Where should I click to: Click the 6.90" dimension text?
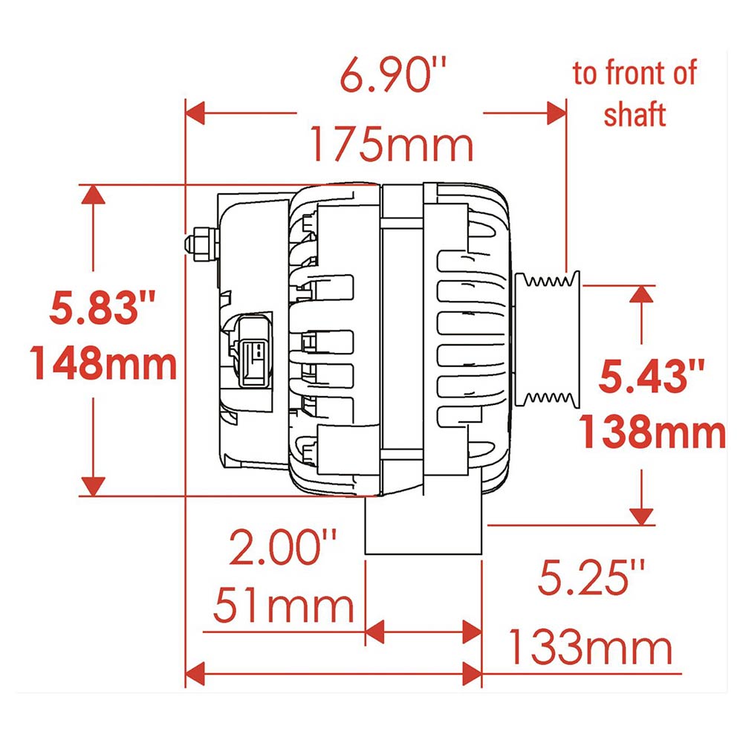(x=393, y=76)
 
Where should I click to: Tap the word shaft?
(x=635, y=114)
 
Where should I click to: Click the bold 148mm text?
(x=103, y=363)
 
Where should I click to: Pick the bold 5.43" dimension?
(x=652, y=376)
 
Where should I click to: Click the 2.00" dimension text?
(x=283, y=548)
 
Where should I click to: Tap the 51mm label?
(x=283, y=606)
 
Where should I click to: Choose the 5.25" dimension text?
(x=591, y=577)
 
